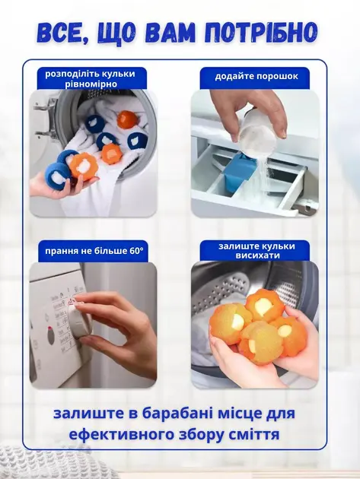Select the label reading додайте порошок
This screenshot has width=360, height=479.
pos(256,76)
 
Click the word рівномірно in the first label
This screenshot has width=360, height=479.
pos(91,84)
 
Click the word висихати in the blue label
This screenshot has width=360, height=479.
pos(257,255)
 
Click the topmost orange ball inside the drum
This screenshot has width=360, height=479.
pos(128,117)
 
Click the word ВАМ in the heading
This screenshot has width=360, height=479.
pos(161,32)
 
